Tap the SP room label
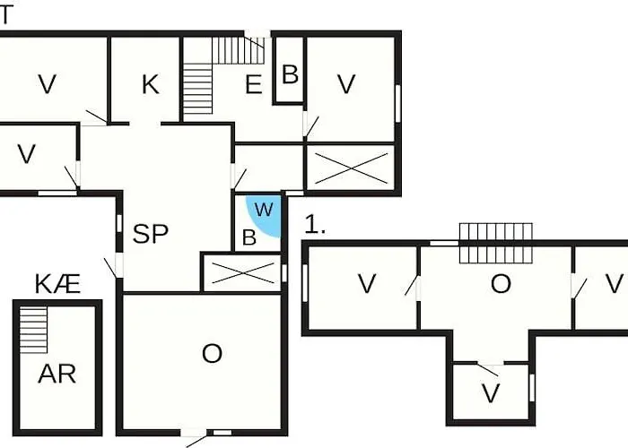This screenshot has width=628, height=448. click(x=151, y=234)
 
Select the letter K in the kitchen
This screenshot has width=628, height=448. click(x=151, y=85)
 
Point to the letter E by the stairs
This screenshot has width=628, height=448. click(x=254, y=85)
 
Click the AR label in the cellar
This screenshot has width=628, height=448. click(x=57, y=375)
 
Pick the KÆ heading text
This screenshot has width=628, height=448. click(x=57, y=284)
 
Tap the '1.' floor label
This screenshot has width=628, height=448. click(x=315, y=224)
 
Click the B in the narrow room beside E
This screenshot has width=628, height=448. click(x=291, y=74)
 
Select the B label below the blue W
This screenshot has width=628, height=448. click(x=249, y=237)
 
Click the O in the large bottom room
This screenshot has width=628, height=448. click(x=212, y=354)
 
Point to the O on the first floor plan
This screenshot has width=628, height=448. click(x=501, y=284)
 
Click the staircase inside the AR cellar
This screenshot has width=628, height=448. click(x=34, y=330)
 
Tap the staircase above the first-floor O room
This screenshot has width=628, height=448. click(x=496, y=243)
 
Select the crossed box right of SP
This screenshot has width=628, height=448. click(x=242, y=272)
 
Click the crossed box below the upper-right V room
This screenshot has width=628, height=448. click(x=352, y=168)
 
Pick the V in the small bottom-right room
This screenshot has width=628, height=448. click(x=491, y=393)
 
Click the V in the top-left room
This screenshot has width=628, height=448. click(x=48, y=85)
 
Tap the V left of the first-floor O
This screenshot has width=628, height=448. click(x=366, y=284)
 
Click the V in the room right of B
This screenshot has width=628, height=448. click(x=346, y=85)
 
